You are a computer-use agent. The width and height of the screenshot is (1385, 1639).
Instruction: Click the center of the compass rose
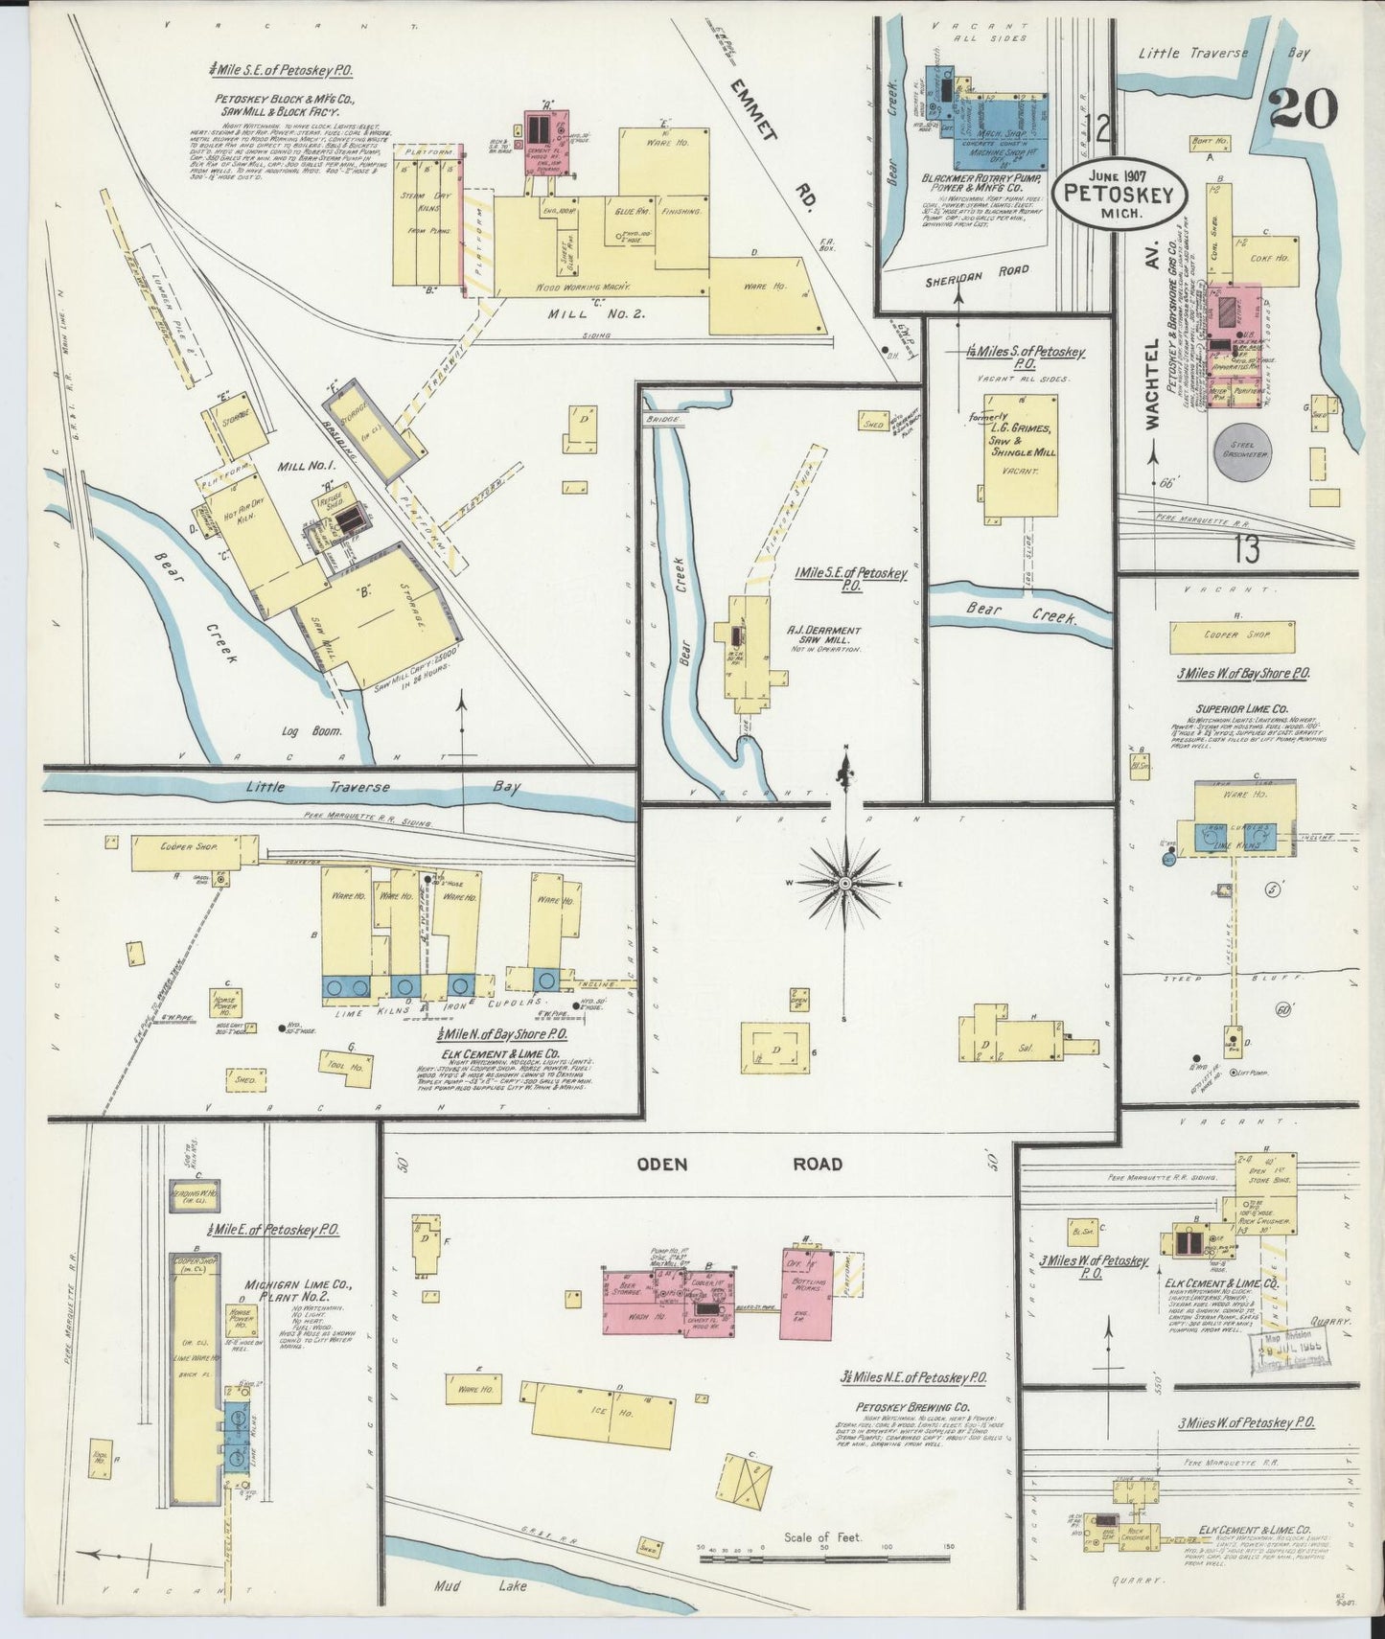[x=844, y=882]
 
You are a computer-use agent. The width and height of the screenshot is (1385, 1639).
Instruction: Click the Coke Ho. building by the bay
[x=1268, y=258]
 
